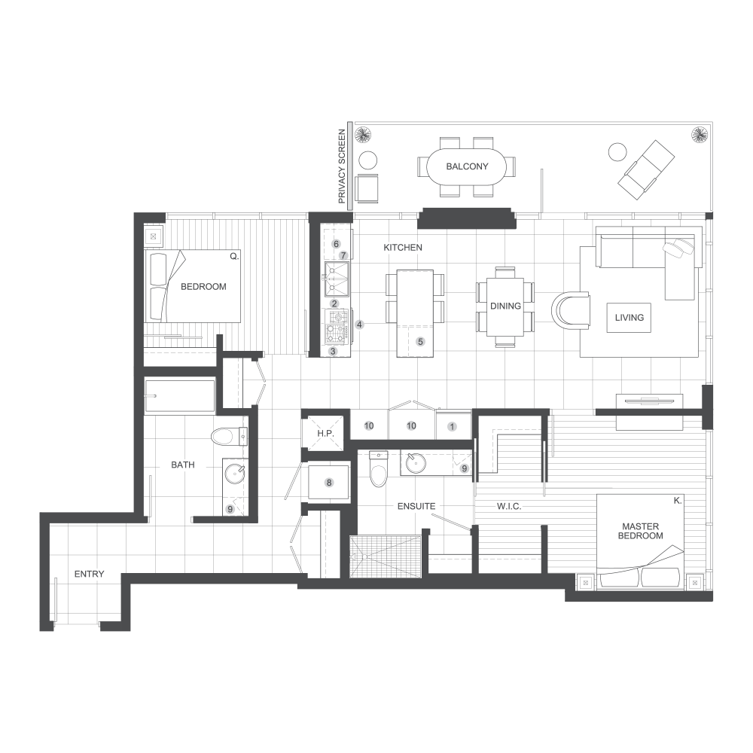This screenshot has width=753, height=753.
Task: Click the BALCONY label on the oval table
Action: coord(467,166)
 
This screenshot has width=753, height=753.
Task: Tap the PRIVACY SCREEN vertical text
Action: coord(342,166)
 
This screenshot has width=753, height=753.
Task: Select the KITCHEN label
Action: coord(403,248)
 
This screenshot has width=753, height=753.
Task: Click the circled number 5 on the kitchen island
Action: coord(420,342)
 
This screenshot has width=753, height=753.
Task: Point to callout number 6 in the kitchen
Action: coord(336,244)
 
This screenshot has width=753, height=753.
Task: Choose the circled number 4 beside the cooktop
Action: coord(359,325)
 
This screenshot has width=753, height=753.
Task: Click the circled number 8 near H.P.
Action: coord(329,483)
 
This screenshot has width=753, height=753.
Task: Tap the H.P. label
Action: coord(325,434)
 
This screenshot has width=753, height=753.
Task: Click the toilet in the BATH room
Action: coord(230,437)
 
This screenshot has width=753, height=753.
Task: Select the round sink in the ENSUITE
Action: coord(416,463)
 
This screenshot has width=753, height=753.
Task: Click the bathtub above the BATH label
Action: coord(180,396)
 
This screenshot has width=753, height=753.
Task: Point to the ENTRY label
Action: coord(90,575)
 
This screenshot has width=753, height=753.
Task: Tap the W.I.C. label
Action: coord(509,507)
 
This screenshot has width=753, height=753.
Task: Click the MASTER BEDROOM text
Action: coord(640,531)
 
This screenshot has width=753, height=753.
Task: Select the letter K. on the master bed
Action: coord(678,501)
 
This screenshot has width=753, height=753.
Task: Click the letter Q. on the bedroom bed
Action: coord(234,257)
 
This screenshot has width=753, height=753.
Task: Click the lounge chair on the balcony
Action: coord(647,169)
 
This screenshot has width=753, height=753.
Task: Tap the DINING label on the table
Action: coord(505,306)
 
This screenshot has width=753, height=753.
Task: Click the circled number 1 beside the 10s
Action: coord(452,427)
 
